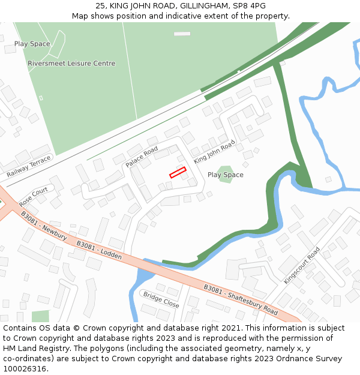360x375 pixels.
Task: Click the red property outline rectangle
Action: tap(178, 173)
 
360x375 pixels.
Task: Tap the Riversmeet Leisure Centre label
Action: tap(71, 64)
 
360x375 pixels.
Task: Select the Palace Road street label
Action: tap(142, 157)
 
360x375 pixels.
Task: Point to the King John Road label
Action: tap(214, 151)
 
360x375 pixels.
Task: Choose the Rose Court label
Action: tap(33, 196)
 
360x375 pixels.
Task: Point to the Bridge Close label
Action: tap(161, 299)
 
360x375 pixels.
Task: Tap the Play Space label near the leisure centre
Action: tap(32, 44)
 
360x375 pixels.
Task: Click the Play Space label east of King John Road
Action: tap(226, 175)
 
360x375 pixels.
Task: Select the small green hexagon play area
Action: tap(226, 174)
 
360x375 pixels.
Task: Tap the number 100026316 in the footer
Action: tap(24, 368)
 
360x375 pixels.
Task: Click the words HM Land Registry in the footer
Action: tap(32, 348)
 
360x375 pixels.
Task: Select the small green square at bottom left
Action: tap(40, 316)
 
